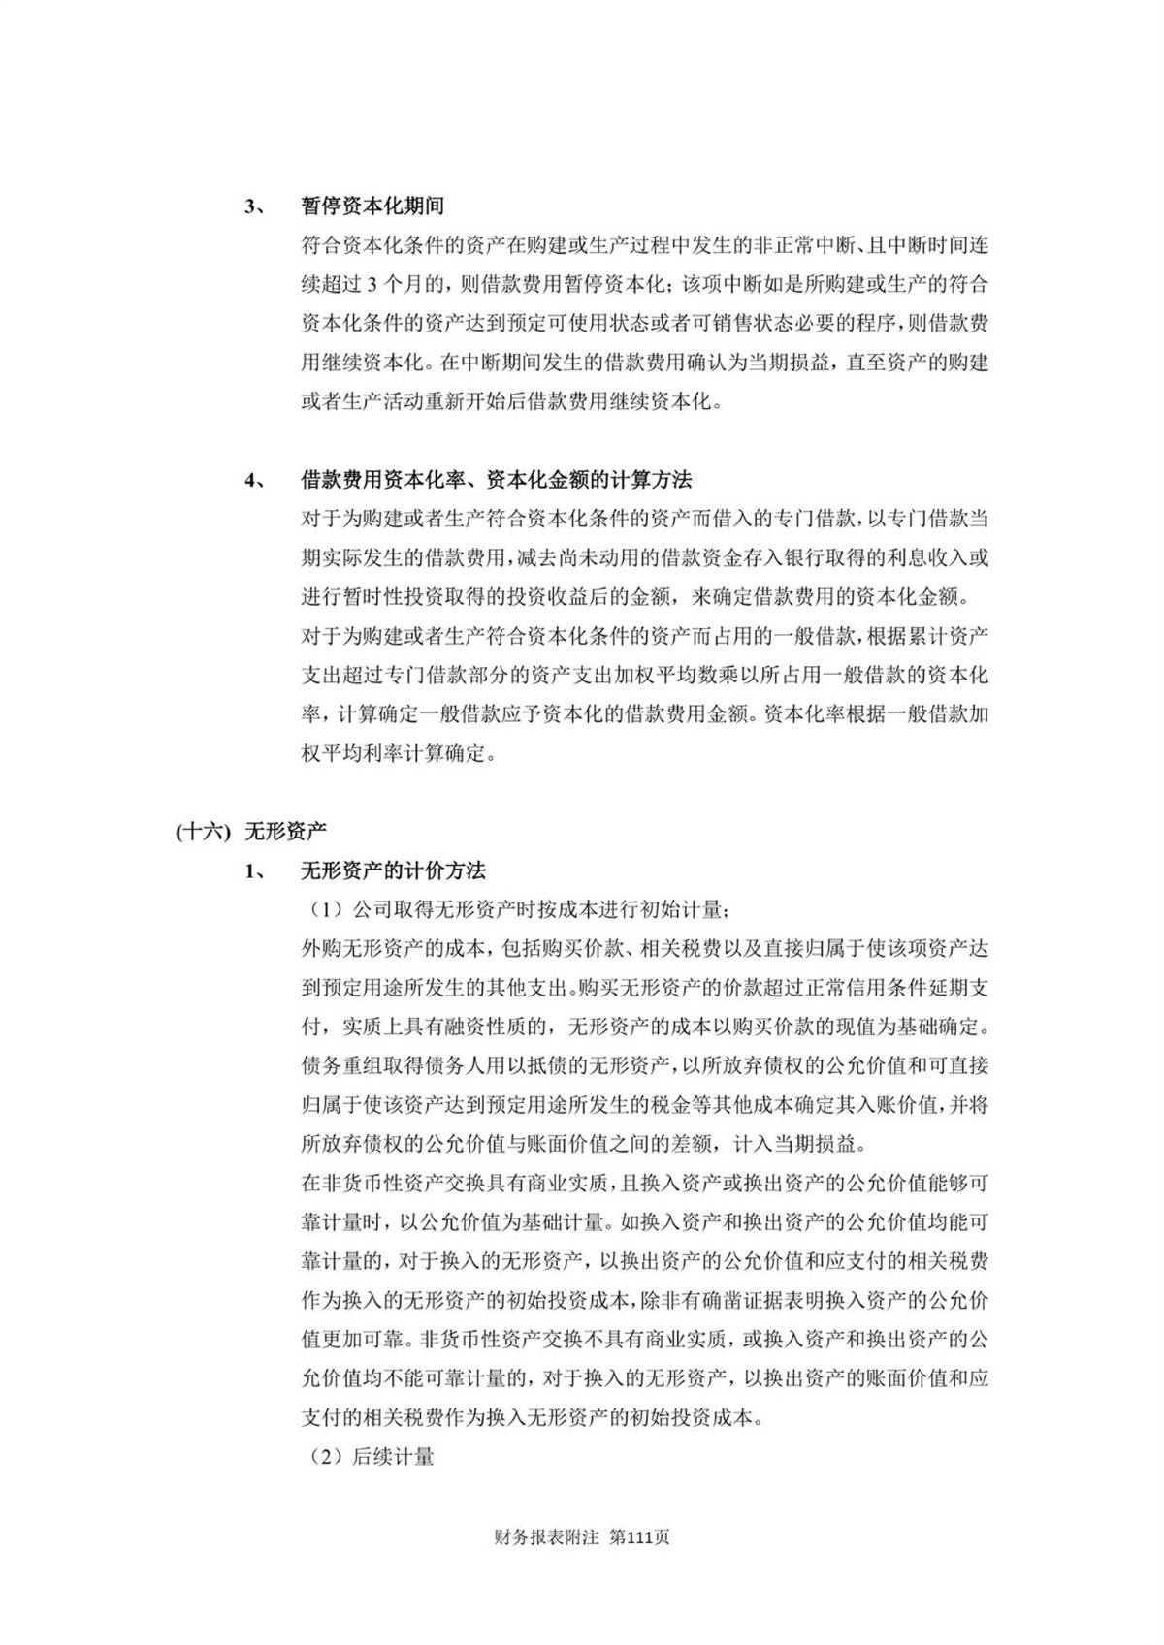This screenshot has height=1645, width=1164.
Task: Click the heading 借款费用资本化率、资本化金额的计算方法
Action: [496, 480]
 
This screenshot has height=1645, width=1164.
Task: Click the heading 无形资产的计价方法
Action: [393, 870]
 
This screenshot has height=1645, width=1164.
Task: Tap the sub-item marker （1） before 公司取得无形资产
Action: [326, 910]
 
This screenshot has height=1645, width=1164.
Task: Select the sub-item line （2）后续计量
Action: [368, 1456]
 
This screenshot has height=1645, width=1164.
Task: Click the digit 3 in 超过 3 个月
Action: [375, 285]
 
